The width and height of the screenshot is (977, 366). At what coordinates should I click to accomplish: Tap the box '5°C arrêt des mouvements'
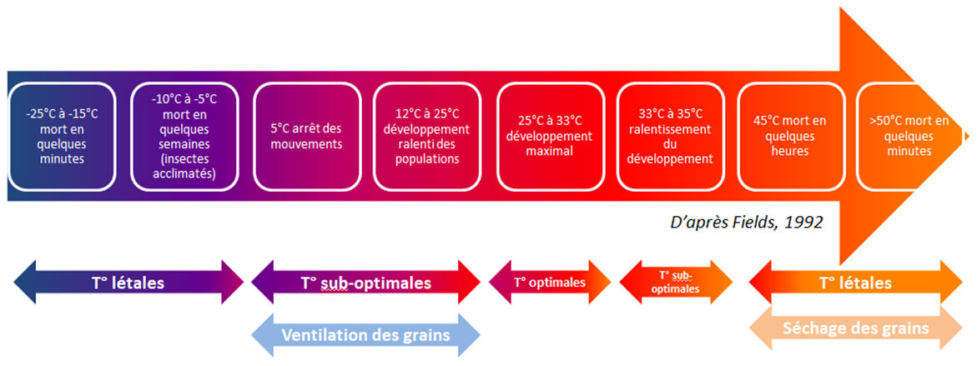pos(307,137)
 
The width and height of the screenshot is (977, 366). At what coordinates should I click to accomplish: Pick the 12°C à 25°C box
pos(427,137)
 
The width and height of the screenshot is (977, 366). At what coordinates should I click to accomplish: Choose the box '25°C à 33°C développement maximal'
pos(550,137)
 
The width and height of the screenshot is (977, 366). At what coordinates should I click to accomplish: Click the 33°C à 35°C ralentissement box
pos(671,137)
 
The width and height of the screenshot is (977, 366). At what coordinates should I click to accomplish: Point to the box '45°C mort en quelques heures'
pos(791,137)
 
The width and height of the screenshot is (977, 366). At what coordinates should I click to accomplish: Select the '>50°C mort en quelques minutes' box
pos(910,137)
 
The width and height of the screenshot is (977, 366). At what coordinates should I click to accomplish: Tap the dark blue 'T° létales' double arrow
pos(128,283)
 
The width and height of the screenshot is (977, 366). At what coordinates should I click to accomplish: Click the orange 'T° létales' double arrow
pos(855,283)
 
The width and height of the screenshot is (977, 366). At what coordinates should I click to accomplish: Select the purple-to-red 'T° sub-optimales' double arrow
pos(365,283)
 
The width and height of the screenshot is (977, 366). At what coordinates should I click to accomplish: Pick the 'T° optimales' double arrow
pos(550,283)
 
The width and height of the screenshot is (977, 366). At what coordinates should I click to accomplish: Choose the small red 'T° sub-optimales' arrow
pos(676,282)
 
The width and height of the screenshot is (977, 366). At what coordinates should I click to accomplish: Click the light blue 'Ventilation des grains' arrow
pos(365,335)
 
